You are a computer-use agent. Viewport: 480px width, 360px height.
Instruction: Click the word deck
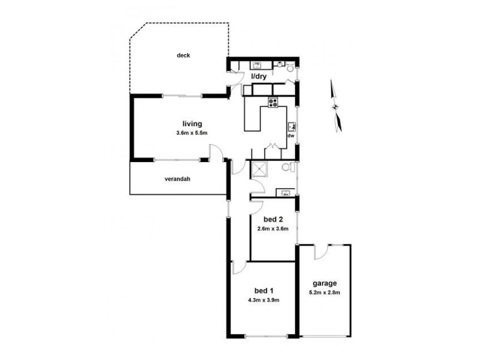tap(183, 56)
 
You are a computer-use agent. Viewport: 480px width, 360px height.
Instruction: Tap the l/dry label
tap(258, 77)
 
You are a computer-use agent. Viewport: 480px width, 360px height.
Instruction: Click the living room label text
tap(191, 124)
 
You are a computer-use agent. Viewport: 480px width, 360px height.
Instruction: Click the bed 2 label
tap(273, 220)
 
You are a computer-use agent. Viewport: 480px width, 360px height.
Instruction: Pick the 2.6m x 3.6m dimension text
tap(273, 228)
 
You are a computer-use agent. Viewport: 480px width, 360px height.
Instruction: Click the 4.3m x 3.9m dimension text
tap(263, 299)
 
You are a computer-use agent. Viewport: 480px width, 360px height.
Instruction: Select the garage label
tap(325, 283)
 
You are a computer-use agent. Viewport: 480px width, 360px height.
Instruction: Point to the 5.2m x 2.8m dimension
tap(325, 292)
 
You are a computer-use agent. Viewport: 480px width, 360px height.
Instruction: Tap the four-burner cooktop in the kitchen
tap(274, 102)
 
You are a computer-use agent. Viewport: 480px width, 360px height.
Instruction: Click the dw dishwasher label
tap(290, 136)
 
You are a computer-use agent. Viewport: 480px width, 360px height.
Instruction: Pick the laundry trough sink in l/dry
tap(257, 64)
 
